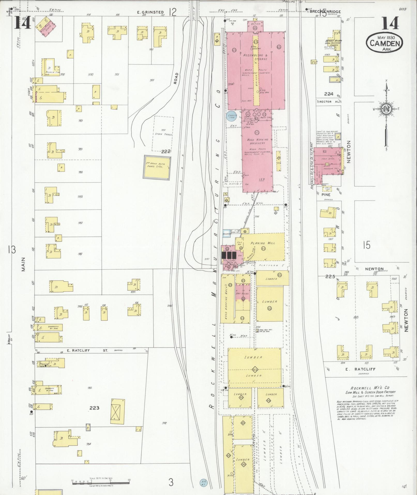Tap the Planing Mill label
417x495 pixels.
[x=263, y=243]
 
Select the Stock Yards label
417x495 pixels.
[x=163, y=134]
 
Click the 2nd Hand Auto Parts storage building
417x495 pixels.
[x=157, y=167]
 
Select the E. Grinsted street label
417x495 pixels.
[x=154, y=12]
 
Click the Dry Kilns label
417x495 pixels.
[x=243, y=293]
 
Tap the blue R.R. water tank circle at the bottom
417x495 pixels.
[x=203, y=483]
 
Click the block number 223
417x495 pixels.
[x=94, y=408]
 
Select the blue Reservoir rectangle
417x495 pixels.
[x=227, y=234]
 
